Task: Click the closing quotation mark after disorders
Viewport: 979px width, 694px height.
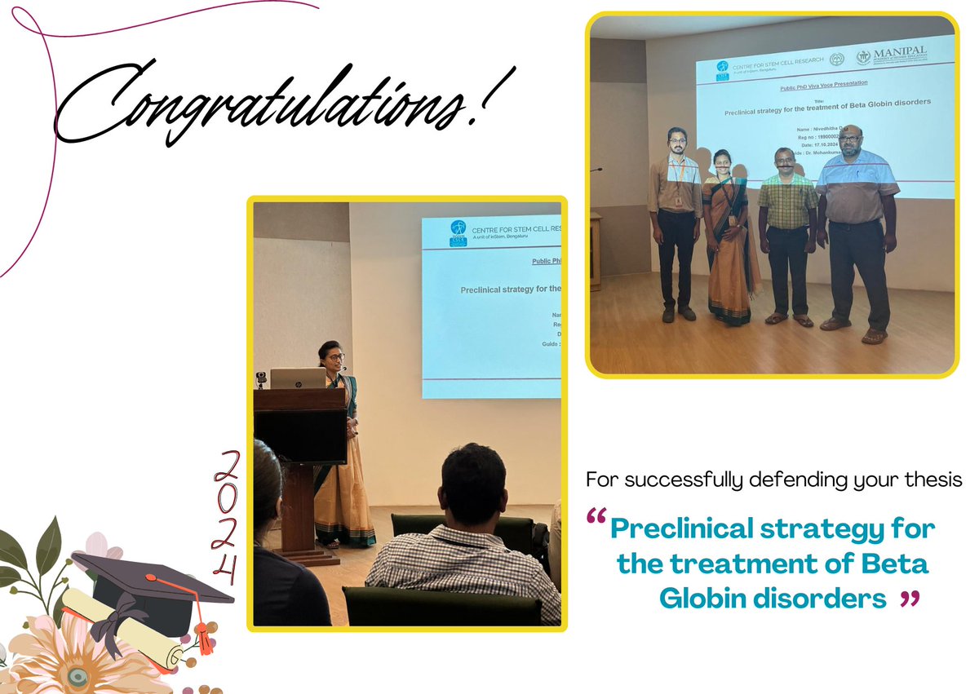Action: pyautogui.click(x=910, y=600)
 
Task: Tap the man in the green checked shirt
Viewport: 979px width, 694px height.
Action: pyautogui.click(x=787, y=236)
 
